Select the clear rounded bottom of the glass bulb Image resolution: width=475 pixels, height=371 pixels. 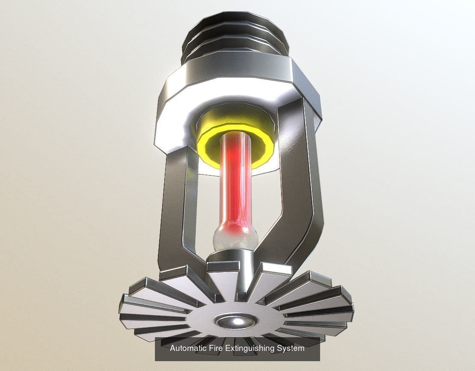coord(234,240)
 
